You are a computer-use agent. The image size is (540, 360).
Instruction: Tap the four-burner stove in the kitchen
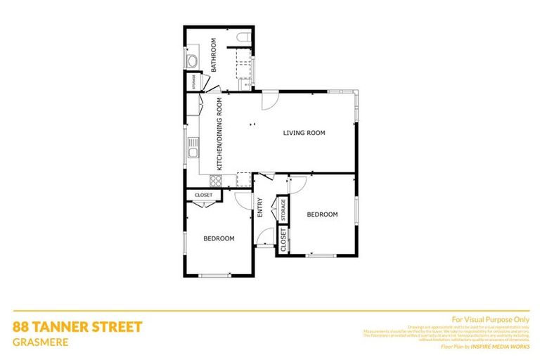coord(216,180)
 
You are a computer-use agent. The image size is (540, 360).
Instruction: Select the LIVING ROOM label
coord(304,133)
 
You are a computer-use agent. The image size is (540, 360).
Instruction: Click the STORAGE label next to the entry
coord(283,209)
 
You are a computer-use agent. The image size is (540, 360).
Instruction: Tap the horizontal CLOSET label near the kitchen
coord(203,195)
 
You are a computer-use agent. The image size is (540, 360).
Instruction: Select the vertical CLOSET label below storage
coord(284,240)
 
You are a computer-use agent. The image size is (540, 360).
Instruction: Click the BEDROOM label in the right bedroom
coord(322,214)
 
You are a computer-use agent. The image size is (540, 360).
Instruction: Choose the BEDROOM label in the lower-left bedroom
coord(219,238)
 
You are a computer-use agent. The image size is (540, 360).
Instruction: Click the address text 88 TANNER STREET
coord(77,326)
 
